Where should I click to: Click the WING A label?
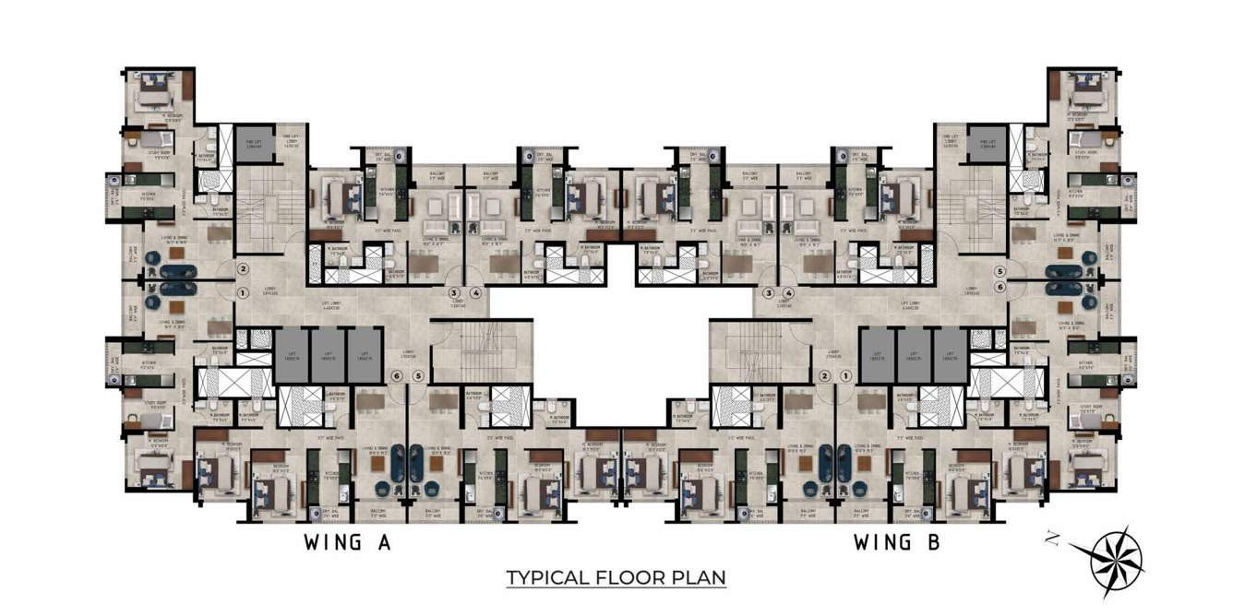348,543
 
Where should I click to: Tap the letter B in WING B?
932,543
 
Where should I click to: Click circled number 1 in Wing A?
244,293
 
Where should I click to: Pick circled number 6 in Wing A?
398,376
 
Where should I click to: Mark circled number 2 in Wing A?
244,269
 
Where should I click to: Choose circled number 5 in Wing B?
1000,272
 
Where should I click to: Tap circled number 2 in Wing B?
824,376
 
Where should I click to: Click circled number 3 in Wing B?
768,293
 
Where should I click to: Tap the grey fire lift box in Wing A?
251,146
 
